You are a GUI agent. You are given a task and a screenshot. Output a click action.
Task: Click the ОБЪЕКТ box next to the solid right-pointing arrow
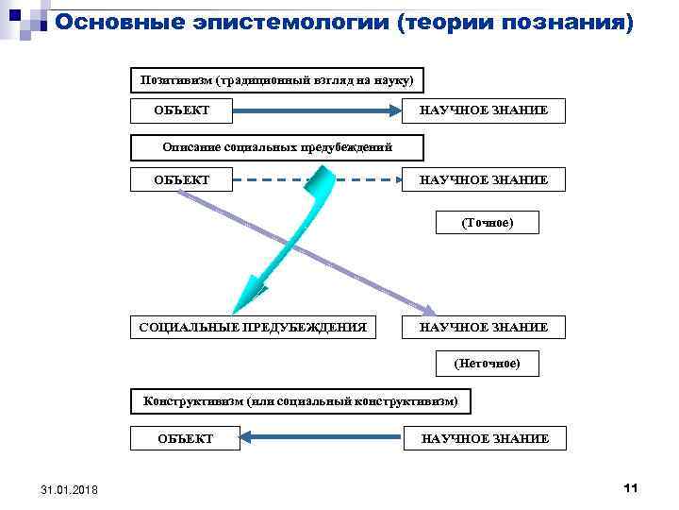click(181, 111)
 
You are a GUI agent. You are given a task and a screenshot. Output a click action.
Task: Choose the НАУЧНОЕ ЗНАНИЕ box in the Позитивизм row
click(484, 111)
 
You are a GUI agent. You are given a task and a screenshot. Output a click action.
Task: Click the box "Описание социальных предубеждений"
click(277, 147)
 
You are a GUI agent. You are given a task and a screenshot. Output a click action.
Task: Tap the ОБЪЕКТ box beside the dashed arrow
click(181, 178)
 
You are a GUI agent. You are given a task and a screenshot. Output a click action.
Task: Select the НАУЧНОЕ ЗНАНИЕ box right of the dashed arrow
click(484, 178)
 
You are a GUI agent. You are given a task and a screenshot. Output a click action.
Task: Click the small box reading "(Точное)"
click(487, 223)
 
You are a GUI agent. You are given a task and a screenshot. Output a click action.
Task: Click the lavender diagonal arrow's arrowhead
click(429, 311)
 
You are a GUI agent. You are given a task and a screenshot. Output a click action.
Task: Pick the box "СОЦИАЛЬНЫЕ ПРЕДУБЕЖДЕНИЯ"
click(252, 327)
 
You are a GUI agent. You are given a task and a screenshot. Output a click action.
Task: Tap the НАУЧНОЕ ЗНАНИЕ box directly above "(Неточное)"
click(484, 327)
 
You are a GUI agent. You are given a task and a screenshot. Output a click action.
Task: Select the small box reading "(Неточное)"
click(487, 363)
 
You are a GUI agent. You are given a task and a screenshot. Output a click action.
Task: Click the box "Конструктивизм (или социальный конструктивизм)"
click(300, 401)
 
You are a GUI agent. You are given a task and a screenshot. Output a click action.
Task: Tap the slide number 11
click(631, 487)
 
